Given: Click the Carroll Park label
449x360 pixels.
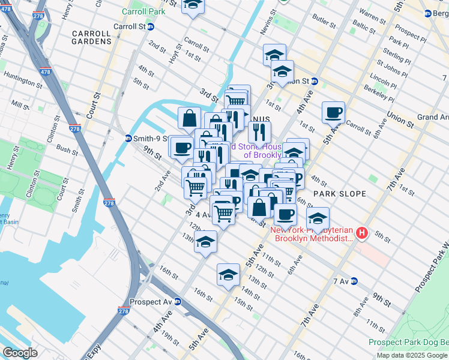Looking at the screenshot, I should tap(143, 11).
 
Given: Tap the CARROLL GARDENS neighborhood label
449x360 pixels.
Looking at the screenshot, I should tap(91, 37).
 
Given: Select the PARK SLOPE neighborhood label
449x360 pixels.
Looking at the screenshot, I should tap(334, 194).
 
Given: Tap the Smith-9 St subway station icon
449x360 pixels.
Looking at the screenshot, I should tap(128, 138).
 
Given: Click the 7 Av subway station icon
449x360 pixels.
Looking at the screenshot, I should tap(354, 281).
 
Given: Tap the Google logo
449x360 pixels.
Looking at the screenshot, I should tap(20, 353).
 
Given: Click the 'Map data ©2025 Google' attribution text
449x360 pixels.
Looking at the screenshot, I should tap(412, 355).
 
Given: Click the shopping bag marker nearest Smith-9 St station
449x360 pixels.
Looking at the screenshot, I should tap(189, 118).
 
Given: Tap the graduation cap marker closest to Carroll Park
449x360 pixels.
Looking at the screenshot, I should tap(193, 5).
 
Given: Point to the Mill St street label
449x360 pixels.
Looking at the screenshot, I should tap(20, 106).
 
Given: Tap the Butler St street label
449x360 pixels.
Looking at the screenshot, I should tap(324, 21).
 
